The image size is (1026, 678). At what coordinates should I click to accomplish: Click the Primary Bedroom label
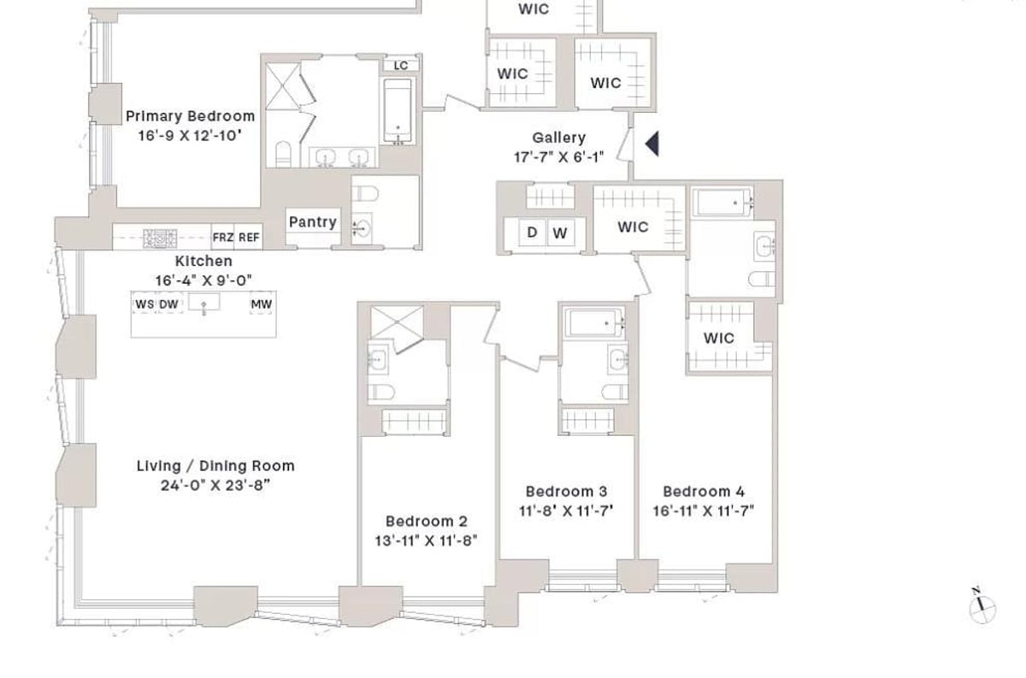pyautogui.click(x=190, y=116)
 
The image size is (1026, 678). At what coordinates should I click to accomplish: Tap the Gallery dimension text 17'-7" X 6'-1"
pyautogui.click(x=558, y=156)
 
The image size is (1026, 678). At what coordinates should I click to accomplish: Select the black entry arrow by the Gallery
pyautogui.click(x=652, y=144)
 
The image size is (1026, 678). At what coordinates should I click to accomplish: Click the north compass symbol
pyautogui.click(x=982, y=607)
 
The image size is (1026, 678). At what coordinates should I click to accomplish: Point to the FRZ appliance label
pyautogui.click(x=222, y=238)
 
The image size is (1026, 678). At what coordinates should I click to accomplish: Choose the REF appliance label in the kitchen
pyautogui.click(x=249, y=238)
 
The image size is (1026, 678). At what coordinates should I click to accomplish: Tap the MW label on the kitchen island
pyautogui.click(x=261, y=304)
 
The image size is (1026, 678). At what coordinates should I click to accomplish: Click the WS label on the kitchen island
pyautogui.click(x=144, y=304)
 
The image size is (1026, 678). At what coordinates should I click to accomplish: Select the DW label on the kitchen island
pyautogui.click(x=168, y=304)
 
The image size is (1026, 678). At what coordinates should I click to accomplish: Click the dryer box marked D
pyautogui.click(x=532, y=233)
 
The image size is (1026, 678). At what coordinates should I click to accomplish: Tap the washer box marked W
pyautogui.click(x=560, y=233)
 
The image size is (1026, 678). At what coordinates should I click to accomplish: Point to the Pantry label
pyautogui.click(x=312, y=222)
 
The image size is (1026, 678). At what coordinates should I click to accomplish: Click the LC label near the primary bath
pyautogui.click(x=401, y=66)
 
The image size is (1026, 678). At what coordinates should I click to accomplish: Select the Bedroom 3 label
pyautogui.click(x=566, y=492)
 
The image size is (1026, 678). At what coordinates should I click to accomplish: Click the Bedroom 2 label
pyautogui.click(x=426, y=522)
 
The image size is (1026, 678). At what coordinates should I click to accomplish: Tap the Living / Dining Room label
pyautogui.click(x=215, y=466)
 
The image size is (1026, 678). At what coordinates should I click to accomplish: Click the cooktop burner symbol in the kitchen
pyautogui.click(x=159, y=239)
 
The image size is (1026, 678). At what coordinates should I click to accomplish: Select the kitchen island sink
pyautogui.click(x=203, y=304)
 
